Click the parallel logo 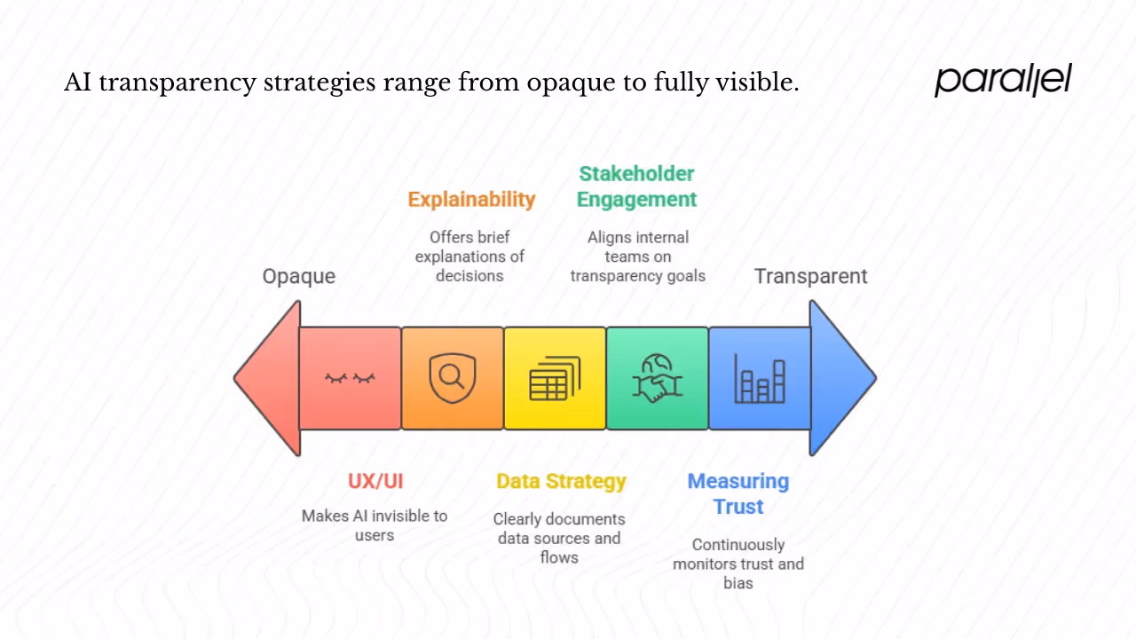(x=1003, y=80)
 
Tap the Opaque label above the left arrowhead (x=298, y=276)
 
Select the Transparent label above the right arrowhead (x=810, y=276)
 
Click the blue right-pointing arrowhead (x=841, y=378)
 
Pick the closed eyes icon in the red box (x=350, y=379)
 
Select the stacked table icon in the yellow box (x=555, y=379)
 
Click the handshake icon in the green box (x=657, y=379)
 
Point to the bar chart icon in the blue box (x=760, y=379)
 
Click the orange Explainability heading (x=471, y=199)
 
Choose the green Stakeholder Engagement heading (x=636, y=186)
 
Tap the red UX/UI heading (x=375, y=481)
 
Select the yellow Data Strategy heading (x=561, y=481)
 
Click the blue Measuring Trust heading (x=738, y=493)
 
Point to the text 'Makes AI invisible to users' (x=375, y=525)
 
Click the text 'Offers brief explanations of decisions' (x=469, y=256)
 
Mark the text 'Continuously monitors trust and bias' (x=738, y=564)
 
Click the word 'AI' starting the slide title (x=78, y=83)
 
